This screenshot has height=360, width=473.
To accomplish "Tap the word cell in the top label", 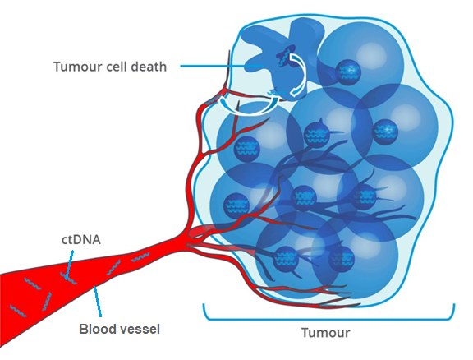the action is pos(117,67).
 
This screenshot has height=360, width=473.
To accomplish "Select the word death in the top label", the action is pos(148,67).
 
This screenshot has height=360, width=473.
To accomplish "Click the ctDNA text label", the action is pos(81,240).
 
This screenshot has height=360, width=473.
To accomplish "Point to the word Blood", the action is pos(95,329).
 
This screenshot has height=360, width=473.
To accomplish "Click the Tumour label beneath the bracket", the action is pos(326,333).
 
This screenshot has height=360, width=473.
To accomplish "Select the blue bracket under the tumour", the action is pos(328,319).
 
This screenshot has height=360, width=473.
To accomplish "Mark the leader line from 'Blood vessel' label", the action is pos(98,302).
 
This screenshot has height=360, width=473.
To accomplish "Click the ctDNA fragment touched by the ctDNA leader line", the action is pos(68,278).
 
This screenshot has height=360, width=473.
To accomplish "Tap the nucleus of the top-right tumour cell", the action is pos(348,72).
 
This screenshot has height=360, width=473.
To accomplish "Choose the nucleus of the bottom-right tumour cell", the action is pos(342,259).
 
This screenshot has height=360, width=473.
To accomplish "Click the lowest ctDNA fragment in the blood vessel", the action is pos(18,311).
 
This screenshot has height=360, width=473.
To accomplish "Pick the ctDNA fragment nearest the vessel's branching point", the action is pos(140,257).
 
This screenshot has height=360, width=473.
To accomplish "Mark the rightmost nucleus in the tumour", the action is pos(385,132).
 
